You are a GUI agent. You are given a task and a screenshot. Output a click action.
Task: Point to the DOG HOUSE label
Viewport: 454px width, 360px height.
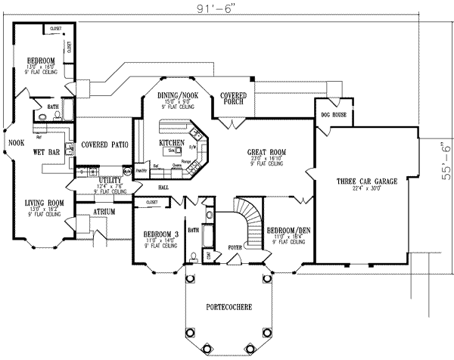pyautogui.click(x=332, y=115)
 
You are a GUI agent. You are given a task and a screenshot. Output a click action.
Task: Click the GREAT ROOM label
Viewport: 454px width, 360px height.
pyautogui.click(x=265, y=152)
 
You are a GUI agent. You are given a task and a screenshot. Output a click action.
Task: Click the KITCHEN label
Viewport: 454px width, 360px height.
pyautogui.click(x=172, y=143)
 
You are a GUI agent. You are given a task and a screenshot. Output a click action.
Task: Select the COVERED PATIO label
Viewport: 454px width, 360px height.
pyautogui.click(x=104, y=144)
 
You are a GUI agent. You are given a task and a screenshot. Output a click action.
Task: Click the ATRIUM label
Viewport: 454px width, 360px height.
pyautogui.click(x=104, y=213)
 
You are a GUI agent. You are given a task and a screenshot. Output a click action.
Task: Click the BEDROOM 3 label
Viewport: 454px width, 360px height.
pyautogui.click(x=160, y=233)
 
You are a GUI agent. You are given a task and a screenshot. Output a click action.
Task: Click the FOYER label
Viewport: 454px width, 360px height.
pyautogui.click(x=235, y=246)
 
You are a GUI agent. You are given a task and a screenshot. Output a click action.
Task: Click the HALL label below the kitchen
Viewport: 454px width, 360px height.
pyautogui.click(x=163, y=186)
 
